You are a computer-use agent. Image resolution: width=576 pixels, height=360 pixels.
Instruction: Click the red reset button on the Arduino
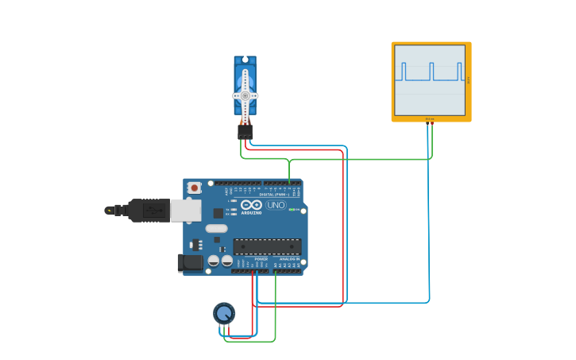tap(195, 188)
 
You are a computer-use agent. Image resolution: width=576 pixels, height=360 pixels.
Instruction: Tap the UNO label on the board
tap(276, 205)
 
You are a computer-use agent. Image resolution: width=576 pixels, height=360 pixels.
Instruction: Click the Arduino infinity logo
tap(251, 205)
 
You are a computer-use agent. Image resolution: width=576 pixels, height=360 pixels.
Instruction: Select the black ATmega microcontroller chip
tap(267, 246)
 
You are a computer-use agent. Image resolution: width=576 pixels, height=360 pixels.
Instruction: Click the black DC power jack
tap(190, 262)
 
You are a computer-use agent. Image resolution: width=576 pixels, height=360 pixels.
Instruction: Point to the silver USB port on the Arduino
tap(186, 210)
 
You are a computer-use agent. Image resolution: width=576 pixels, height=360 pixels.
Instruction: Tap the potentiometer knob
tap(224, 313)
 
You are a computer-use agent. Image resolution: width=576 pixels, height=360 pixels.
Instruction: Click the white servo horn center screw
tap(245, 95)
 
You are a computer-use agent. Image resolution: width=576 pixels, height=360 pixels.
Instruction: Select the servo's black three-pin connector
tap(245, 131)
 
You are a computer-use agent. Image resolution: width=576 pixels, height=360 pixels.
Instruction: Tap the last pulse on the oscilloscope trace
tap(462, 72)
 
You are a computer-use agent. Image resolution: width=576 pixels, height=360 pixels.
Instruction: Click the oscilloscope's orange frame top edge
tap(431, 44)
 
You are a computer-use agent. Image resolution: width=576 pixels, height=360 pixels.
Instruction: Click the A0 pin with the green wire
tap(276, 271)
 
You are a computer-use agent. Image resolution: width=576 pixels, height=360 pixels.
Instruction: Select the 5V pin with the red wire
tap(253, 271)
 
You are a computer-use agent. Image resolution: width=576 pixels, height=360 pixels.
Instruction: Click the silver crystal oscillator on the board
tap(216, 229)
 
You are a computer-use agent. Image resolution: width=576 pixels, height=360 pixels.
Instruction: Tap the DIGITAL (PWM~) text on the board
tap(273, 193)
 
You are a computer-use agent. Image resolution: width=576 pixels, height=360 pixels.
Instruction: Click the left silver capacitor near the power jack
tap(214, 260)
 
